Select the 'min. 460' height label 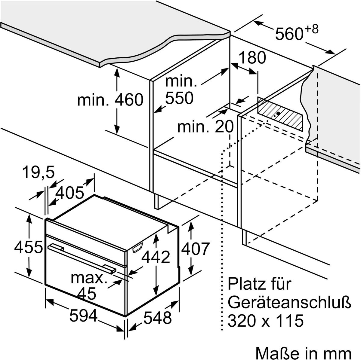110,100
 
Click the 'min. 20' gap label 205,127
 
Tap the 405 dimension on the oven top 70,193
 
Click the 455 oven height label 29,248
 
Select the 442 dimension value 156,257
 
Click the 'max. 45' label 89,285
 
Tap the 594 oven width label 84,316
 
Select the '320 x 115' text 265,321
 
